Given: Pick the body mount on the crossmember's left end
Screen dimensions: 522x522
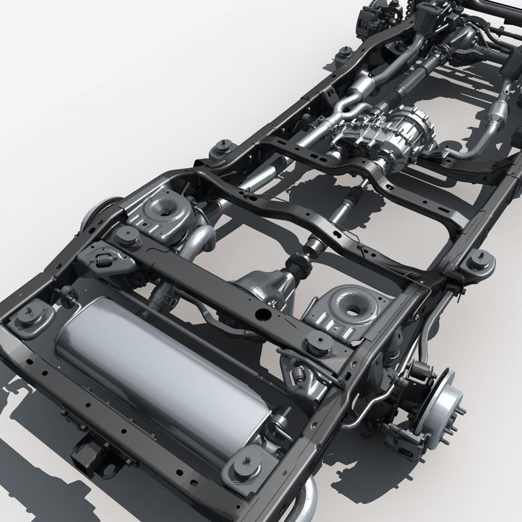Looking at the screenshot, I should (127, 236).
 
